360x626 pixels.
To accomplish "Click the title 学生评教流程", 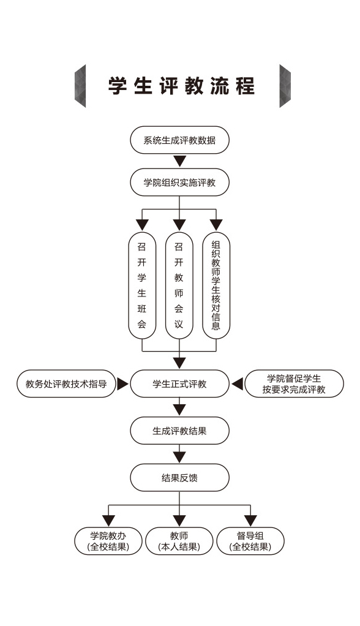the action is tap(181, 86).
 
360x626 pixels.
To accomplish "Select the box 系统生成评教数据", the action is tap(179, 140).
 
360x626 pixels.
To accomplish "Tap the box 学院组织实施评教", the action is tap(179, 183).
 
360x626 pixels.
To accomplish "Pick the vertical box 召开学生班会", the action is tap(142, 285).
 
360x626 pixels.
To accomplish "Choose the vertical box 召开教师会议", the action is tap(179, 285).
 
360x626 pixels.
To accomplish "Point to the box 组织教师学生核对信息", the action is tap(216, 285).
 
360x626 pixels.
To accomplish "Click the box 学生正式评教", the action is tap(179, 383).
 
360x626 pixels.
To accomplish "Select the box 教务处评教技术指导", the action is tap(66, 383).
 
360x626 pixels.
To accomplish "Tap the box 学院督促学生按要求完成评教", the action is tap(294, 383).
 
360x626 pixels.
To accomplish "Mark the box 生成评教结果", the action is tap(179, 431).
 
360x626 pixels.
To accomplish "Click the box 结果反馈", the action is tap(179, 478).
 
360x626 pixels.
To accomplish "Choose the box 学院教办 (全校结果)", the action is tap(108, 541).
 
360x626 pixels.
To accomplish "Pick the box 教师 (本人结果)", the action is tap(179, 541).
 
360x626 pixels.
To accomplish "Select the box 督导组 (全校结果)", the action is tap(250, 541).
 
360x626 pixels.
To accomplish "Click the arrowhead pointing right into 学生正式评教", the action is tap(122, 384).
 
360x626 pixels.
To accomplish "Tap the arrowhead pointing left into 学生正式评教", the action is tap(237, 384).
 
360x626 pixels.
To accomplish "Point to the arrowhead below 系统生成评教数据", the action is tap(179, 161).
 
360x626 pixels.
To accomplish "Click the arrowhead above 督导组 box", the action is tap(250, 521).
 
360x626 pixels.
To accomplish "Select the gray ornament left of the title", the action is tap(80, 86).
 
